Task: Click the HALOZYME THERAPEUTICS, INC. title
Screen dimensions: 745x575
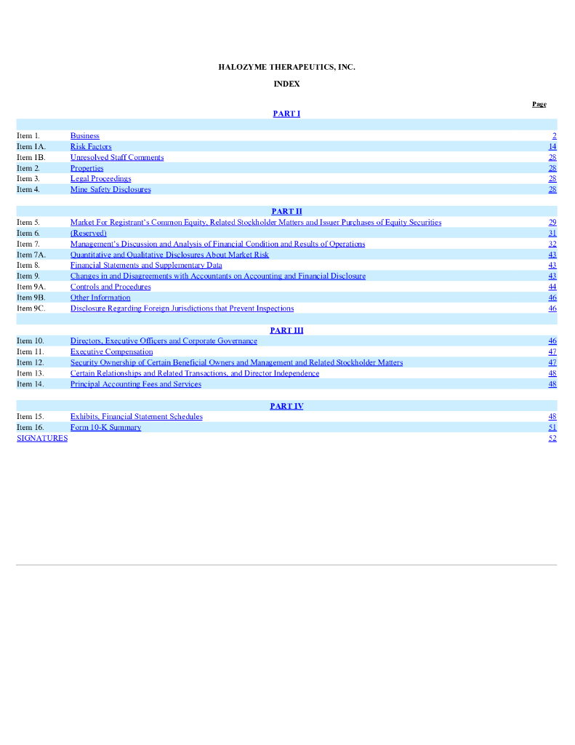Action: click(x=286, y=67)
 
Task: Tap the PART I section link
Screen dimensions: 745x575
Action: click(x=286, y=113)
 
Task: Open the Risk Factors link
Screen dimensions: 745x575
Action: click(x=91, y=147)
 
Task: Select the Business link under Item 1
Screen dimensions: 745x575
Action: click(x=85, y=136)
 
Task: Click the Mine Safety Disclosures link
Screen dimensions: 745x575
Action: click(x=110, y=190)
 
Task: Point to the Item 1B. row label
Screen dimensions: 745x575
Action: click(x=31, y=157)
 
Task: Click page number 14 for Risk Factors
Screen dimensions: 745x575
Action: click(x=552, y=147)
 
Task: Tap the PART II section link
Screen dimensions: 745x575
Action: click(x=286, y=211)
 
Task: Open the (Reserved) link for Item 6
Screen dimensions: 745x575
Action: click(x=89, y=234)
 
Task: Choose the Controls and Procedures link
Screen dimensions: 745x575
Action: click(x=110, y=287)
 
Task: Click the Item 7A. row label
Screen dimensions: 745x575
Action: click(x=31, y=255)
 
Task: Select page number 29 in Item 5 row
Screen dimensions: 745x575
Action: click(x=552, y=223)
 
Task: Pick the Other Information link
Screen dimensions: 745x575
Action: click(x=100, y=298)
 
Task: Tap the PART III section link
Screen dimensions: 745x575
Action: click(x=286, y=330)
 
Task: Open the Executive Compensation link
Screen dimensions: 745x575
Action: click(x=111, y=351)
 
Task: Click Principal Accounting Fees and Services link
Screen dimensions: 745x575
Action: click(x=136, y=384)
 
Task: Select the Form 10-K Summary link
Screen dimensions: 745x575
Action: click(x=105, y=428)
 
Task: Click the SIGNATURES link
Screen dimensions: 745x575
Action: click(x=42, y=438)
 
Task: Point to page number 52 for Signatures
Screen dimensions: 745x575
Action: click(x=552, y=438)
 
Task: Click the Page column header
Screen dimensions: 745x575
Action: click(x=539, y=104)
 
